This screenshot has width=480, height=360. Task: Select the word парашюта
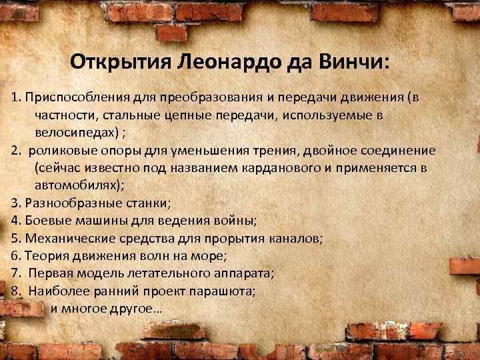click(227, 291)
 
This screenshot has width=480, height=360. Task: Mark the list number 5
click(15, 238)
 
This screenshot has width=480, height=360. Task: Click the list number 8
click(15, 291)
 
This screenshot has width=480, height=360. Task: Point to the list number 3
click(15, 203)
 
